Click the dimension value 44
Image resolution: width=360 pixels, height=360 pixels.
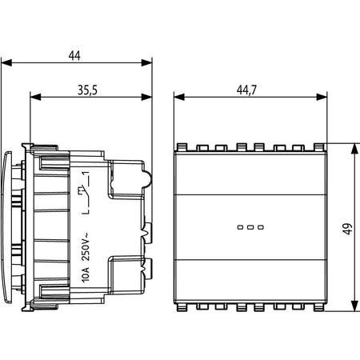tap(74, 55)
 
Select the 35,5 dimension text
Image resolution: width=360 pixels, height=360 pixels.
tap(87, 90)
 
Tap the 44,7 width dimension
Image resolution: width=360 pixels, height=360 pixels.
tap(246, 90)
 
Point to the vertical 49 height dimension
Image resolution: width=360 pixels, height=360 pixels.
tap(347, 229)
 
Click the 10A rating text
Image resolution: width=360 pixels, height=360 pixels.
tap(86, 274)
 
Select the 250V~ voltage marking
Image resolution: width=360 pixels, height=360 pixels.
tap(86, 247)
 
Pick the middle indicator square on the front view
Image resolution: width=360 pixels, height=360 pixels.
tap(250, 227)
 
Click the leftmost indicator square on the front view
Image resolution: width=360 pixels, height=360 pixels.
tap(240, 227)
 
